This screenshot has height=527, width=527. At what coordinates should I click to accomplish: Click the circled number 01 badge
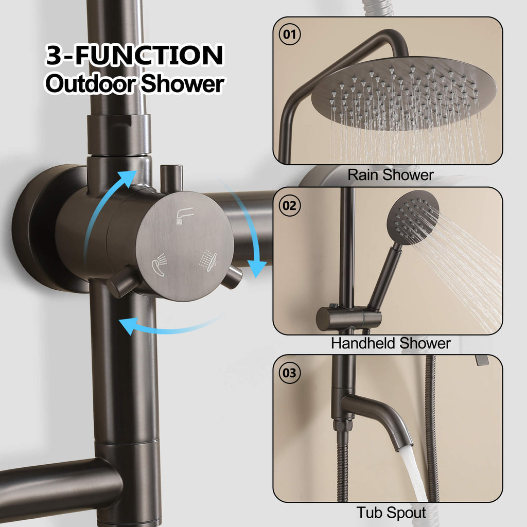[x=290, y=34]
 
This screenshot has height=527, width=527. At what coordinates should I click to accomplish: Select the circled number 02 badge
[x=289, y=205]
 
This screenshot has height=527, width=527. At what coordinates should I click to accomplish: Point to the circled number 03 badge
[x=289, y=373]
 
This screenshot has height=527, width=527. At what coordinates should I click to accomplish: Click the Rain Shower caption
[x=390, y=175]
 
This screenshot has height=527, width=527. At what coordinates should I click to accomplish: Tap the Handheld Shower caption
[x=391, y=343]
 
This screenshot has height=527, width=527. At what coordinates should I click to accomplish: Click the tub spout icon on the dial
[x=185, y=216]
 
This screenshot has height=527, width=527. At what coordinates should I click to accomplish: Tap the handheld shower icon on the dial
[x=160, y=264]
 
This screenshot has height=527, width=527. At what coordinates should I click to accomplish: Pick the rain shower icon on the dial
[x=208, y=260]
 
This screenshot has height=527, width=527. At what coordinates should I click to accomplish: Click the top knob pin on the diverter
[x=171, y=179]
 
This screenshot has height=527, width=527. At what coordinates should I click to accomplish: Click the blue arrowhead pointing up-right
[x=128, y=178]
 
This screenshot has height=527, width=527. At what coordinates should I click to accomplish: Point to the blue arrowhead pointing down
[x=257, y=269]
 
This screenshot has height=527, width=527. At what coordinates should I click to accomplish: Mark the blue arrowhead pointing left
[x=128, y=326]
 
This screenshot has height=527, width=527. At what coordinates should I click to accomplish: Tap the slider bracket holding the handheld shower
[x=349, y=318]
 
